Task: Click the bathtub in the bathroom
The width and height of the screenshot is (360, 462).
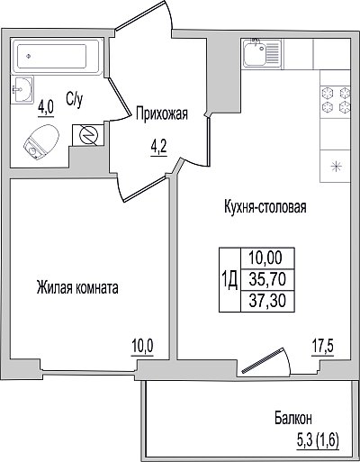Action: coord(58,56)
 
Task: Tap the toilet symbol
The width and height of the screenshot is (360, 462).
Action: coord(40,141)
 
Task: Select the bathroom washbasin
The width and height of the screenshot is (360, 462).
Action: coord(22,89)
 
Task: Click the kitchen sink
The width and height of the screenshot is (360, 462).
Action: coord(261,53)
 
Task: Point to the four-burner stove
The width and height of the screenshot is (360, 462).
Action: coord(336,99)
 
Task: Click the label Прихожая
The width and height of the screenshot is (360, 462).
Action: coord(162,114)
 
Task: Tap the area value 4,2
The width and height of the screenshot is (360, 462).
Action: coord(158,149)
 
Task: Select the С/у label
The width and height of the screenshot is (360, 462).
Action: coord(74,99)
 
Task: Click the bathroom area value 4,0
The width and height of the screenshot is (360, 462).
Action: coord(46,107)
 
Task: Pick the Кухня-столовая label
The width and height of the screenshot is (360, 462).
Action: coord(265,207)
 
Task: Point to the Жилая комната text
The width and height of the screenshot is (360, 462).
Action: coord(77,287)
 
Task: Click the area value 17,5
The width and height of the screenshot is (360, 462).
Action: coord(322,348)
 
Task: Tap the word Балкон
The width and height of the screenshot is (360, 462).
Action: coord(293,418)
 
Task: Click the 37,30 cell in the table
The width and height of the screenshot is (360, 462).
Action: coord(267,301)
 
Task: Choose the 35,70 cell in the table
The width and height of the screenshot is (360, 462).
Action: coord(267,279)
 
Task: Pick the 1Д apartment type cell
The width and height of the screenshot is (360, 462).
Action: coord(229,279)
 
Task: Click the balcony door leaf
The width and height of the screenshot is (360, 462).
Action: coord(262,361)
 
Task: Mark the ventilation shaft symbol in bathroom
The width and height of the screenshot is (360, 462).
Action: coord(87,135)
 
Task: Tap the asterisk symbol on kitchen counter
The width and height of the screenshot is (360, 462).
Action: coord(336,167)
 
